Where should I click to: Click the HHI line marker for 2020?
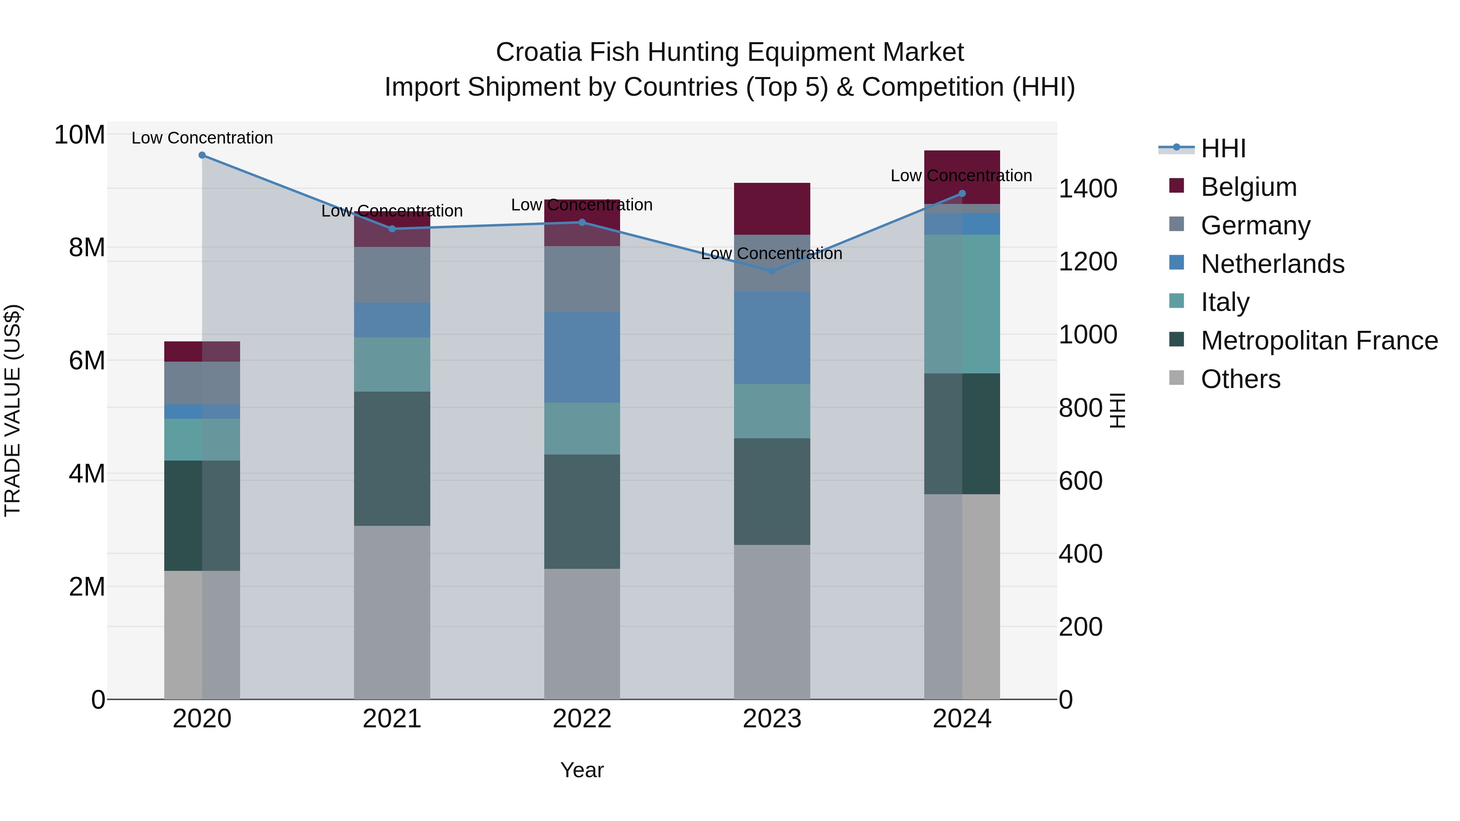coord(202,155)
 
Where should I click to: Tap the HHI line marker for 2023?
coord(771,271)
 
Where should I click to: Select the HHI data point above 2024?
coord(962,194)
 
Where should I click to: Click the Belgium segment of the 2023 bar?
coord(771,208)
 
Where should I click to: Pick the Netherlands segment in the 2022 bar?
coord(582,357)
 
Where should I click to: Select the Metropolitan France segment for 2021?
coord(392,459)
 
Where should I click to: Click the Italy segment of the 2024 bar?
coord(962,304)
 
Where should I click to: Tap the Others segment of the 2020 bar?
coord(202,635)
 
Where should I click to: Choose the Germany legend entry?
coord(1255,225)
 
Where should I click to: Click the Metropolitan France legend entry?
coord(1318,341)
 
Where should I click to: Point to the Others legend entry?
coord(1240,379)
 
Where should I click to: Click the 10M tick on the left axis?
coord(79,135)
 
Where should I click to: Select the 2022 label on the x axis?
coord(582,719)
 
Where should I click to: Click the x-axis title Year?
coord(582,770)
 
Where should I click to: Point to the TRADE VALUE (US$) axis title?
coord(13,410)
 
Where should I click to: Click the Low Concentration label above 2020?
coord(202,138)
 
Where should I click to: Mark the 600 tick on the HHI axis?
coord(1080,480)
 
